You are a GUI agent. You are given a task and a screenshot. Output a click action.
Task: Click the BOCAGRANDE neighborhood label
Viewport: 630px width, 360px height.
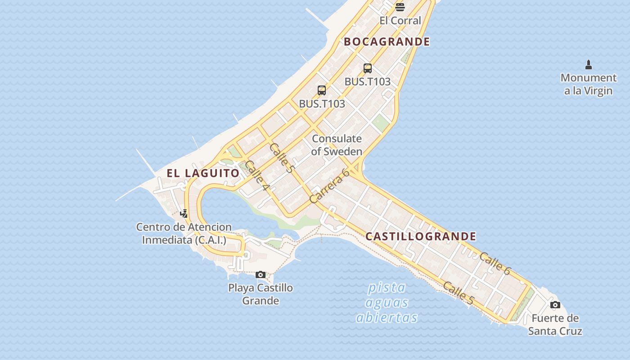pos(387,42)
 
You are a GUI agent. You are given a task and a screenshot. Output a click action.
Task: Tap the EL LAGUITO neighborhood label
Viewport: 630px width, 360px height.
pos(203,173)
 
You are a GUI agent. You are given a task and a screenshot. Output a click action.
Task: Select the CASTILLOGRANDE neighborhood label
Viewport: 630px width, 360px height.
pos(421,236)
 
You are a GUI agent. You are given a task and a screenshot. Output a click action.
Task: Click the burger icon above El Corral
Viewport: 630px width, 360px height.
pos(400,7)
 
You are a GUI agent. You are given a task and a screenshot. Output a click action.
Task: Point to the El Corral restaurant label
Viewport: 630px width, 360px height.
pos(400,20)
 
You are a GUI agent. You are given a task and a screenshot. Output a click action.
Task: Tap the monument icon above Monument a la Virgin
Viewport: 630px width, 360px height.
pos(588,64)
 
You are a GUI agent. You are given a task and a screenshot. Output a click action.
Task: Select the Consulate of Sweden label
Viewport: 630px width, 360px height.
pos(337,145)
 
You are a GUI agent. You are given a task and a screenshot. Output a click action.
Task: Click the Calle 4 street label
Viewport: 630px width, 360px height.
pos(257,175)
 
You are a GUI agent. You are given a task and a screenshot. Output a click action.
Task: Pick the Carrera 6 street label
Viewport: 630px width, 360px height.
pos(329,185)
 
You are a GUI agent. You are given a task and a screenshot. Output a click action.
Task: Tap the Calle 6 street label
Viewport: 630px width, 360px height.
pos(495,264)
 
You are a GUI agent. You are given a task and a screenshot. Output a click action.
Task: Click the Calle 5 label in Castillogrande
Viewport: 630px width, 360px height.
pos(458,293)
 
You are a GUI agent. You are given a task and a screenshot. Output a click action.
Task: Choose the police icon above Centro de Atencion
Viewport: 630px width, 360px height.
pos(184,213)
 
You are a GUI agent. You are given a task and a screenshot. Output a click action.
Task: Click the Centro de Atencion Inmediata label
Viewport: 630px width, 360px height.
pos(184,234)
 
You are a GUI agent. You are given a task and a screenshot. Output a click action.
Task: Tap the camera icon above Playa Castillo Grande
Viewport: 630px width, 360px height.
pos(260,274)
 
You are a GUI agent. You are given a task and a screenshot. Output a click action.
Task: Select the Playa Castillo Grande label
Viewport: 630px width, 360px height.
pos(261,294)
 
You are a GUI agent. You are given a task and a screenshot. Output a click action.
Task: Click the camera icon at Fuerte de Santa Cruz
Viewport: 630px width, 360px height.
pos(555,305)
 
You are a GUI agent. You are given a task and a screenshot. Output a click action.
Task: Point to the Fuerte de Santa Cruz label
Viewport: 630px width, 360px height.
pos(555,325)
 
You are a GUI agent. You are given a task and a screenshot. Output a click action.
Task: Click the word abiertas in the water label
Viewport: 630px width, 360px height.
pos(387,318)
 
